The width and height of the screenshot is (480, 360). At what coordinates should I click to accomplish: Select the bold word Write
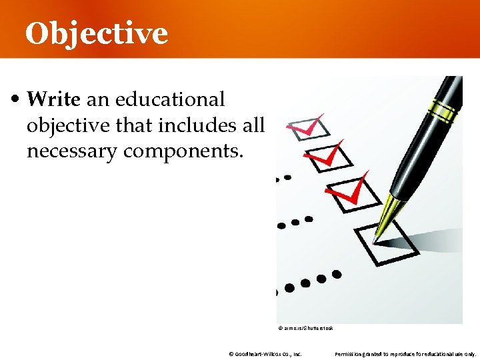[x=54, y=100]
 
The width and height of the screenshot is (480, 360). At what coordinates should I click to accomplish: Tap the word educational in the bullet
[x=169, y=100]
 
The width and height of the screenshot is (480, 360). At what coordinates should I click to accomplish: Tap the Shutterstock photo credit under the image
[x=304, y=328]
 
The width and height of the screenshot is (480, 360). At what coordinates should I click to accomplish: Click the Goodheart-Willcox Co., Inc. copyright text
[x=265, y=354]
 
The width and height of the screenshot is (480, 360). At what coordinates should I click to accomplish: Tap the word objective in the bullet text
[x=63, y=125]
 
